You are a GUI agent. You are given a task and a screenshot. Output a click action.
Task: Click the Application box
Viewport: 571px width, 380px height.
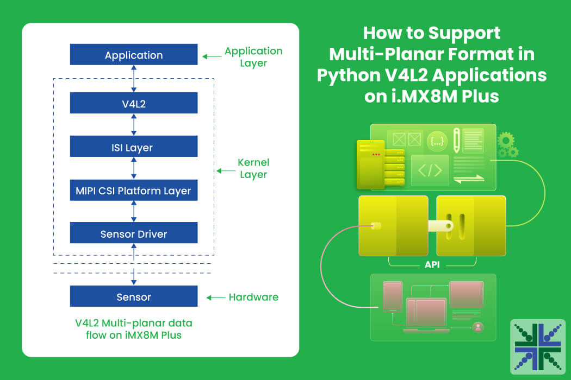[x=134, y=54]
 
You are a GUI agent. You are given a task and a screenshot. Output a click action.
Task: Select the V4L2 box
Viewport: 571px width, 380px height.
[x=134, y=103]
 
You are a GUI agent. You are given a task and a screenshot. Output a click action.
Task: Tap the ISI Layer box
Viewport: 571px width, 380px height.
[x=134, y=146]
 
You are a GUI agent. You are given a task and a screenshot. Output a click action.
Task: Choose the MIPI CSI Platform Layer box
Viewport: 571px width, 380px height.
[x=134, y=190]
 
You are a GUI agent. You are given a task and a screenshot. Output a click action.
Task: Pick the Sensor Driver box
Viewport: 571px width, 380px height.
[x=134, y=233]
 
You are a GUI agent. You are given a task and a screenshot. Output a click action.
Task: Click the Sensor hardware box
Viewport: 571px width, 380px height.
[x=134, y=296]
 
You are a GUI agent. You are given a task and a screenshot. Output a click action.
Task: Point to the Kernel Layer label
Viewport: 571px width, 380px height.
[x=253, y=168]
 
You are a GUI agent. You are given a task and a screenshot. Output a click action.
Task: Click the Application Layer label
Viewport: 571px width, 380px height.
[x=253, y=56]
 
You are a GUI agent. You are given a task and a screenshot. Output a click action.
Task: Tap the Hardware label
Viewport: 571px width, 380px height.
[x=253, y=297]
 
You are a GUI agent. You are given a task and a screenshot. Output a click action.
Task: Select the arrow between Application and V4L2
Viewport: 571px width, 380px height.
[x=134, y=79]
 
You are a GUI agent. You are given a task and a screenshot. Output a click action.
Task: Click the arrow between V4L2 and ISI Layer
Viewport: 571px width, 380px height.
[x=134, y=125]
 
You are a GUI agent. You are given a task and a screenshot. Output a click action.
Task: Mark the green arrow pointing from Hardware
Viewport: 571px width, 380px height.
[x=215, y=297]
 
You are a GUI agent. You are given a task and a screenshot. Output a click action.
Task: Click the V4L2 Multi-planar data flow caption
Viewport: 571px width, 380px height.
[x=134, y=329]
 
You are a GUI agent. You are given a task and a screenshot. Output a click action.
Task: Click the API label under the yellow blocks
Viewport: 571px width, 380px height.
[x=432, y=265]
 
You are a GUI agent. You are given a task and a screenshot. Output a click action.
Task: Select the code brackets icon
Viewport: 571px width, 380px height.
[x=430, y=170]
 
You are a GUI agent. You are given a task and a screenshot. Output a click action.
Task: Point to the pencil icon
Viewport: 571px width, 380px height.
[x=456, y=140]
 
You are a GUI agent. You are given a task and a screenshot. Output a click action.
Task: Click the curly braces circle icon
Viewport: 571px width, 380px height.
[x=437, y=141]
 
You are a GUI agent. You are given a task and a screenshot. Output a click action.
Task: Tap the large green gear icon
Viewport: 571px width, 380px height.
[x=506, y=140]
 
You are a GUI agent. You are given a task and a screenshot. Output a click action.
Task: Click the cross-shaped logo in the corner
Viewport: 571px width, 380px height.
[x=538, y=346]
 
